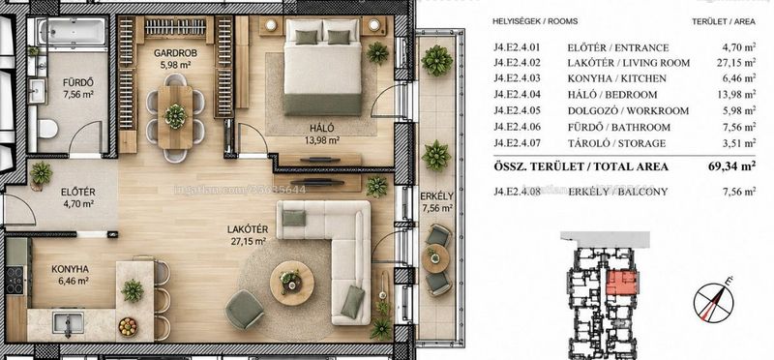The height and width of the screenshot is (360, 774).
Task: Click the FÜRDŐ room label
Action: (78, 82)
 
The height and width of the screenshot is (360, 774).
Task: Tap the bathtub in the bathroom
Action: (73, 31)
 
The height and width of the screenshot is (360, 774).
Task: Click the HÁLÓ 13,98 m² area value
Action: (322, 139)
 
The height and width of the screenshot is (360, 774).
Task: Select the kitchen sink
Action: (68, 323)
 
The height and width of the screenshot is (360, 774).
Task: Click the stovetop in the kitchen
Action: (15, 280)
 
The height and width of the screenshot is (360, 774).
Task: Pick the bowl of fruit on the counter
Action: (128, 326)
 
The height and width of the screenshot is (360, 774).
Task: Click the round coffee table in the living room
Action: (292, 283)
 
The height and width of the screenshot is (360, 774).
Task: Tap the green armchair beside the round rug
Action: (245, 309)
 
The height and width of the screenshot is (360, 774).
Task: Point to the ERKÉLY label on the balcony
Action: (437, 196)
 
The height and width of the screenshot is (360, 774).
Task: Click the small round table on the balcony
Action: (434, 258)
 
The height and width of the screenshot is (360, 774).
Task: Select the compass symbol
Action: (713, 299)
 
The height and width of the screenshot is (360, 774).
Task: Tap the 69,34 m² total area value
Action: (732, 165)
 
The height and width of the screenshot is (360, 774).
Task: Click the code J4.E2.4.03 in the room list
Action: (517, 78)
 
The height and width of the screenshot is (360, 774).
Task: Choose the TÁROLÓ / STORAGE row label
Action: (616, 143)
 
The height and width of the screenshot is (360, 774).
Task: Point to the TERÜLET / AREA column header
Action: (723, 21)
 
